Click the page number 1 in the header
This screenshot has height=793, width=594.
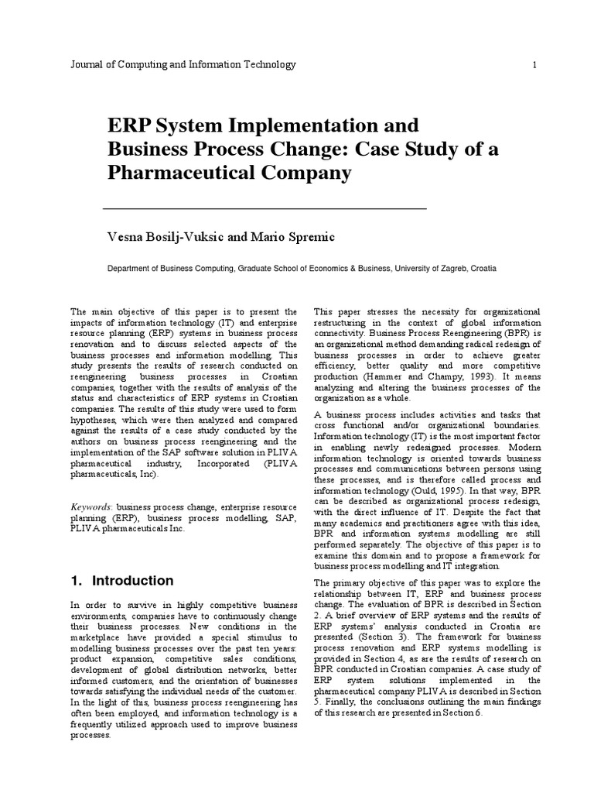pyautogui.click(x=534, y=65)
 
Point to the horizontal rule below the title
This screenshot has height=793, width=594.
pyautogui.click(x=265, y=209)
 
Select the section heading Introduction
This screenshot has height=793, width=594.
pyautogui.click(x=132, y=581)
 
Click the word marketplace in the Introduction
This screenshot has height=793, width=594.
pyautogui.click(x=96, y=625)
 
